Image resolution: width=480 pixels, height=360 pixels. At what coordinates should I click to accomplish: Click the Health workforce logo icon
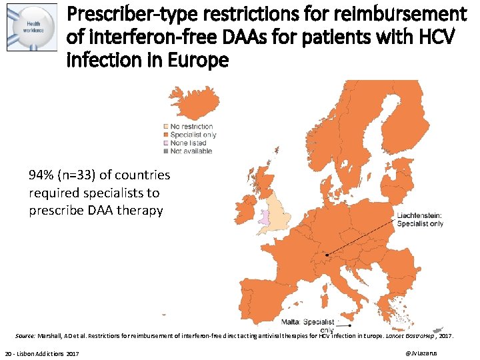(31, 31)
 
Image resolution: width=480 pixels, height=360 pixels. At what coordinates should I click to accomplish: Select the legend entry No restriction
(191, 127)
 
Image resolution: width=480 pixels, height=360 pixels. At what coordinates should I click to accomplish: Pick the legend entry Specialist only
(193, 135)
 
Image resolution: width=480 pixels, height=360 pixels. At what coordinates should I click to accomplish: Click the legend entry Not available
(191, 151)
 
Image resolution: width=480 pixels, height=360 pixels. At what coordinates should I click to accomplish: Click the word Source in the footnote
(25, 336)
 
